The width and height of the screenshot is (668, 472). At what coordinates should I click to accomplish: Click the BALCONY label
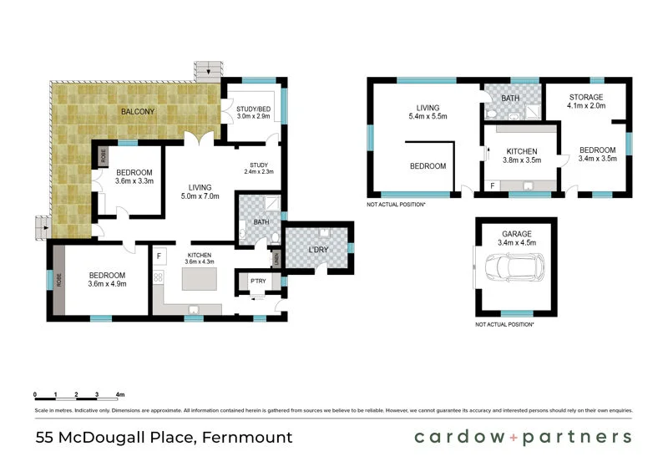click(138, 111)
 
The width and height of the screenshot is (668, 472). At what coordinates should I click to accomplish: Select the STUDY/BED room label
click(253, 109)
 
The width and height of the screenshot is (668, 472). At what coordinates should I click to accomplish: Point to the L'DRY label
click(318, 251)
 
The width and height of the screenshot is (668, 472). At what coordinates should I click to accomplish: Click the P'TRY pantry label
click(258, 282)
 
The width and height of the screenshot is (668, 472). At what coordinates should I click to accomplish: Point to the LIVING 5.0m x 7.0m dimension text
click(200, 197)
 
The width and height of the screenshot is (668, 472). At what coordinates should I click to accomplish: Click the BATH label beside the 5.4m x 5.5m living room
click(510, 98)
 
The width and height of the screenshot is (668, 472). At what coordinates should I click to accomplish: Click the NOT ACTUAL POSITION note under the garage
click(504, 324)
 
